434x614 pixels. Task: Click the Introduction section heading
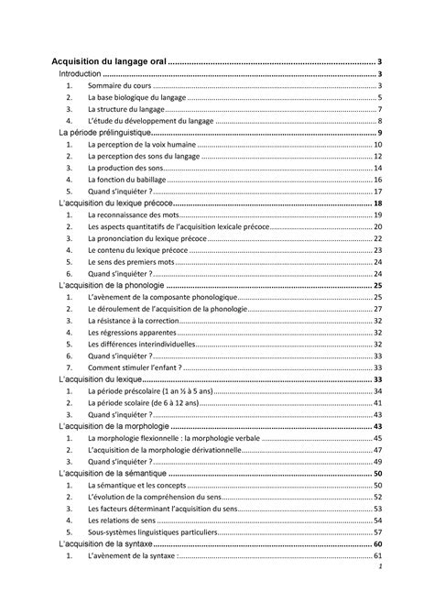click(80, 73)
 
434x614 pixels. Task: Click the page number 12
click(377, 156)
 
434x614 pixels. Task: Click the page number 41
click(377, 403)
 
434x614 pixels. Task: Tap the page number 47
click(377, 450)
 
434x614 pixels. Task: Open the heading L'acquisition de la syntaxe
click(103, 544)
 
